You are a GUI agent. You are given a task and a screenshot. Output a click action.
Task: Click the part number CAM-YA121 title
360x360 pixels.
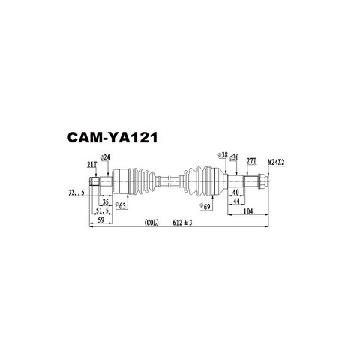pos(112,138)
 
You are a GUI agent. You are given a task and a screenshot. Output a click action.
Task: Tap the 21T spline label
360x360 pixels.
pos(91,165)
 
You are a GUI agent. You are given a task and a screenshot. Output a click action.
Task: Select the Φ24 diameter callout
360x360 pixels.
pos(105,157)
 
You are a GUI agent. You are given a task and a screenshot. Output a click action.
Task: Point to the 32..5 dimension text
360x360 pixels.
pos(76,193)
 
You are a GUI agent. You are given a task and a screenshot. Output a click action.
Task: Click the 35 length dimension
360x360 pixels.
pos(105,202)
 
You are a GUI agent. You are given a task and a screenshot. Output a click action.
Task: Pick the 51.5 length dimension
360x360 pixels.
pos(103,211)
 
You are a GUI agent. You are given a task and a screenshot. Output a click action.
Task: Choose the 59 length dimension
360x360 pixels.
pos(100,220)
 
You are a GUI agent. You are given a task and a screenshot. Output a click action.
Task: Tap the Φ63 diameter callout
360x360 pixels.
pos(120,205)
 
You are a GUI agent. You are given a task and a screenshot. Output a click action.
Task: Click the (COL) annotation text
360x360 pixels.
pos(151,223)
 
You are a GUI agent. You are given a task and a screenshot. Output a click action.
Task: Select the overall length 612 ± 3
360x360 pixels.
pos(182,223)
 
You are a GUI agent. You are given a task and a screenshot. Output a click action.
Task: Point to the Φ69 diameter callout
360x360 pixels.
pos(205,207)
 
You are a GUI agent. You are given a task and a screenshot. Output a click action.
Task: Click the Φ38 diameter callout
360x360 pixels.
pos(223,155)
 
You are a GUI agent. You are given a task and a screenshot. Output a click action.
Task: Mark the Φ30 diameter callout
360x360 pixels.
pos(234,157)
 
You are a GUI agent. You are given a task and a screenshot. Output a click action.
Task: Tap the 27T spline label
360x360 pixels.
pos(252,161)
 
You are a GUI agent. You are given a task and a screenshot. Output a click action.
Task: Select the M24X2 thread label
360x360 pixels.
pos(276,163)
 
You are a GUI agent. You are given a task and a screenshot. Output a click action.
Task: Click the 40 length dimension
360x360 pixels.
pos(235,193)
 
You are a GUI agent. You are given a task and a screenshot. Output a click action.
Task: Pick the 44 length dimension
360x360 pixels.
pos(236,202)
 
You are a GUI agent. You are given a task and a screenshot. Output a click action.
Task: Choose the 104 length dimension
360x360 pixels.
pos(248,211)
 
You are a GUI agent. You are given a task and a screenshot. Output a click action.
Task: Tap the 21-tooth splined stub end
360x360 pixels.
pos(94,181)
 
